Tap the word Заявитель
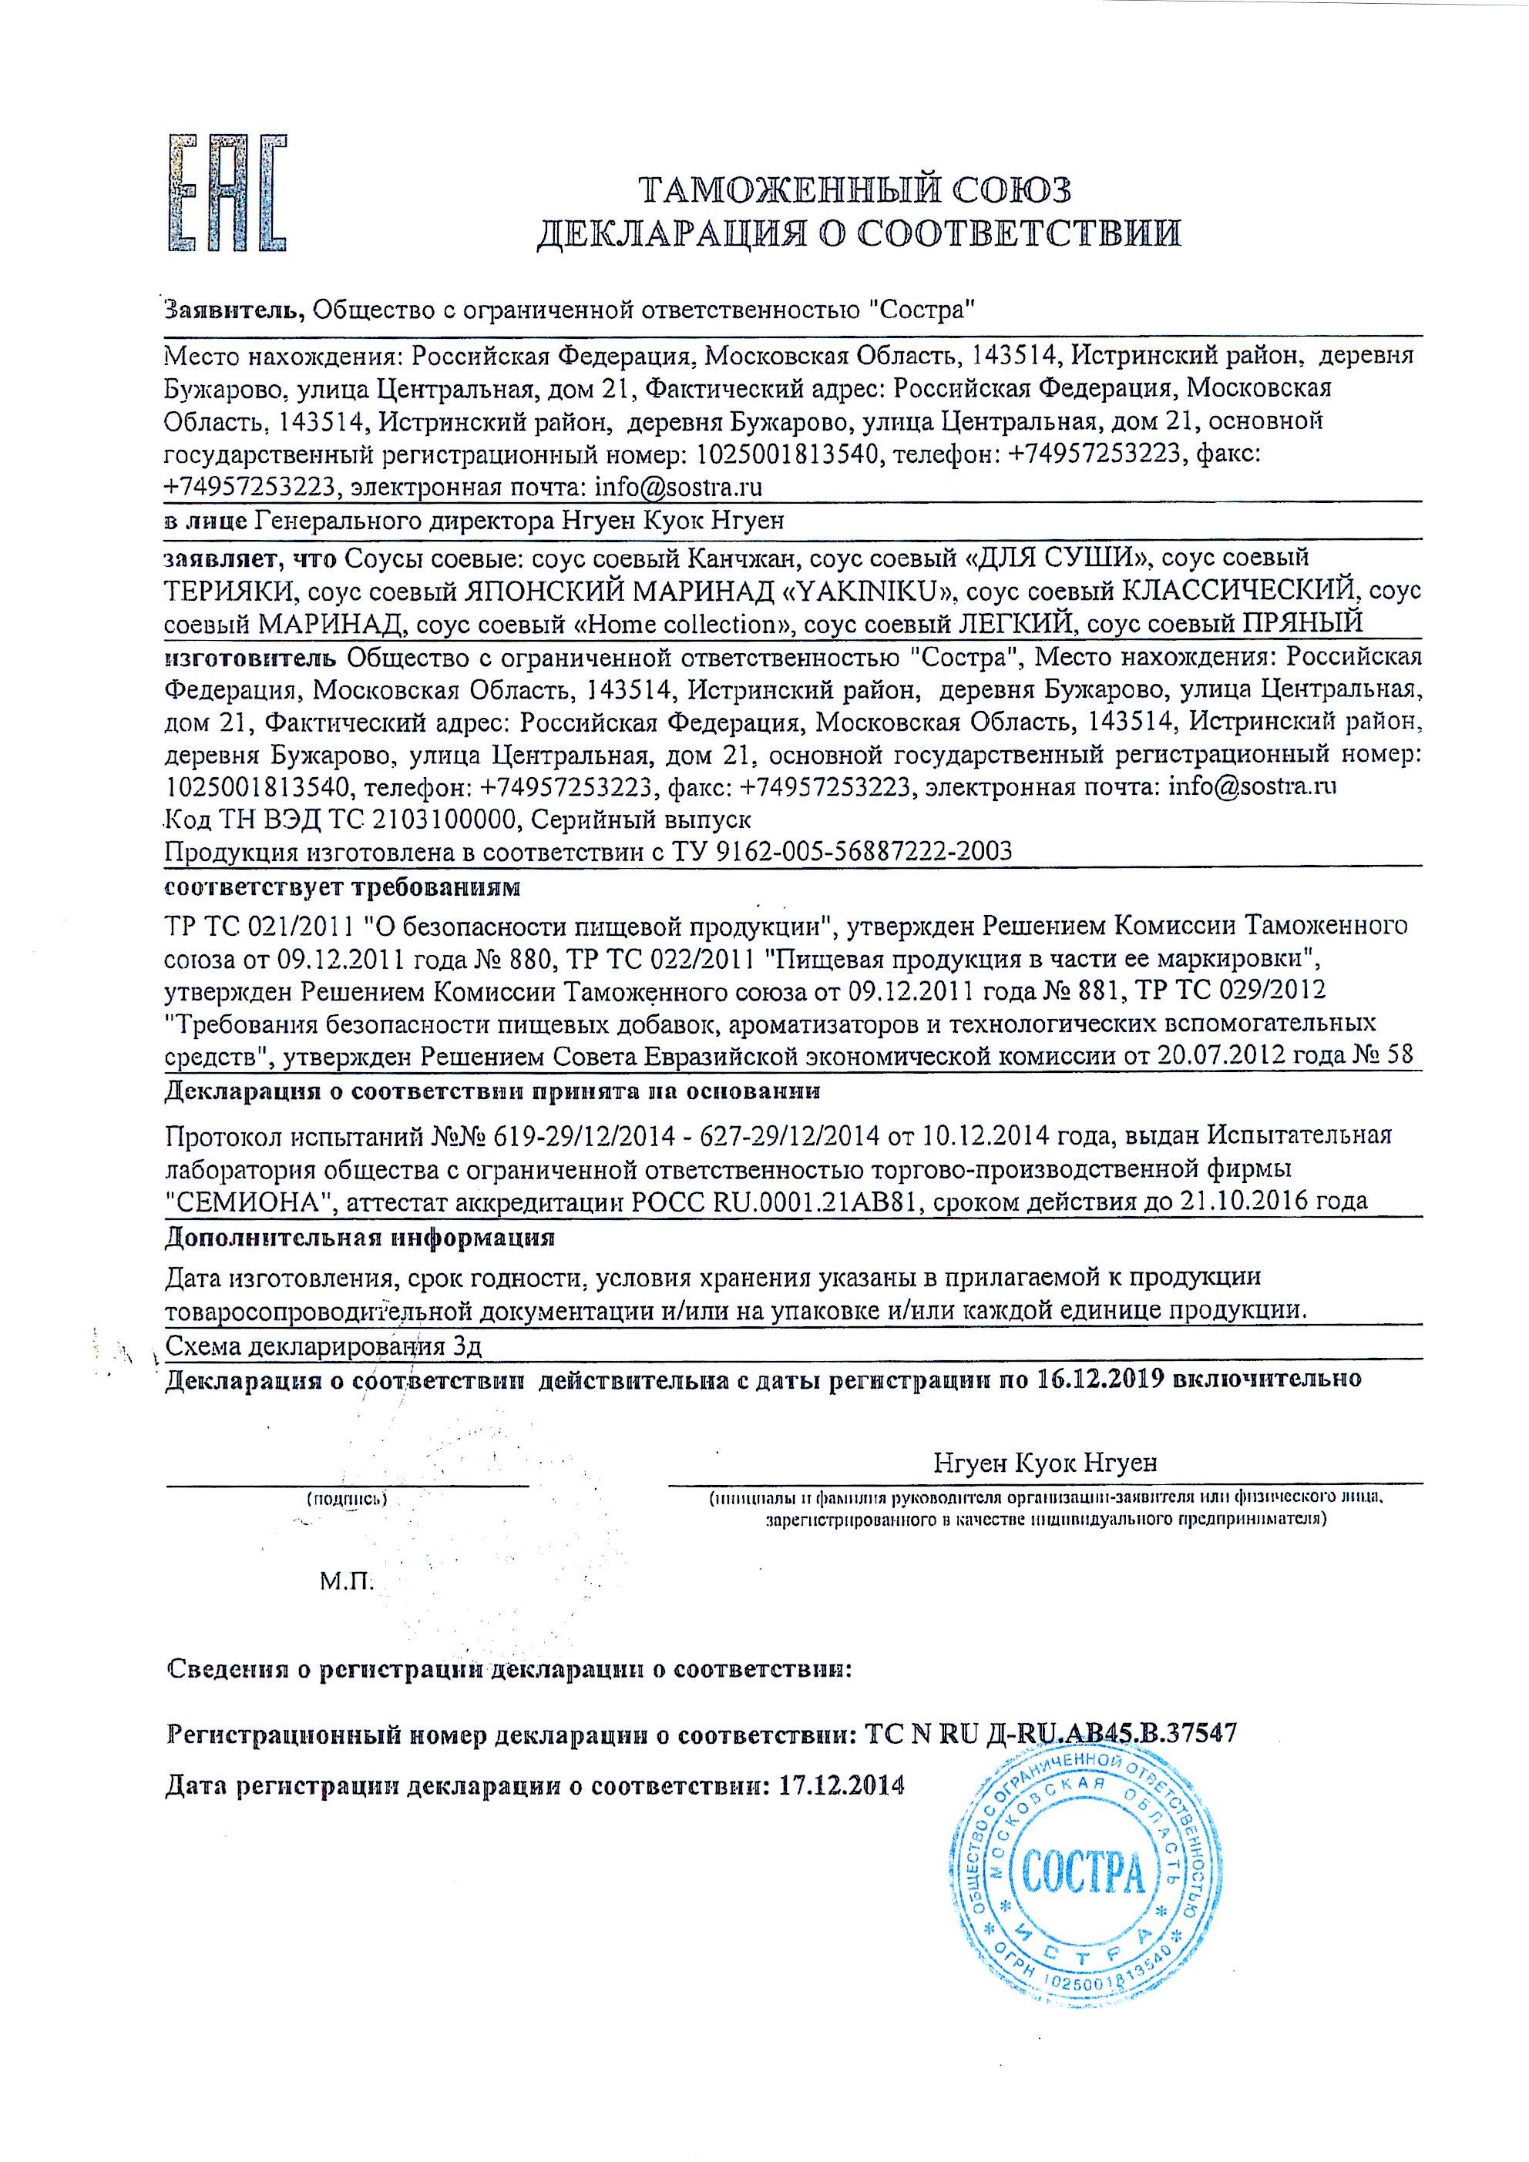(x=234, y=308)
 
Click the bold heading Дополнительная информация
(x=359, y=1236)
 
